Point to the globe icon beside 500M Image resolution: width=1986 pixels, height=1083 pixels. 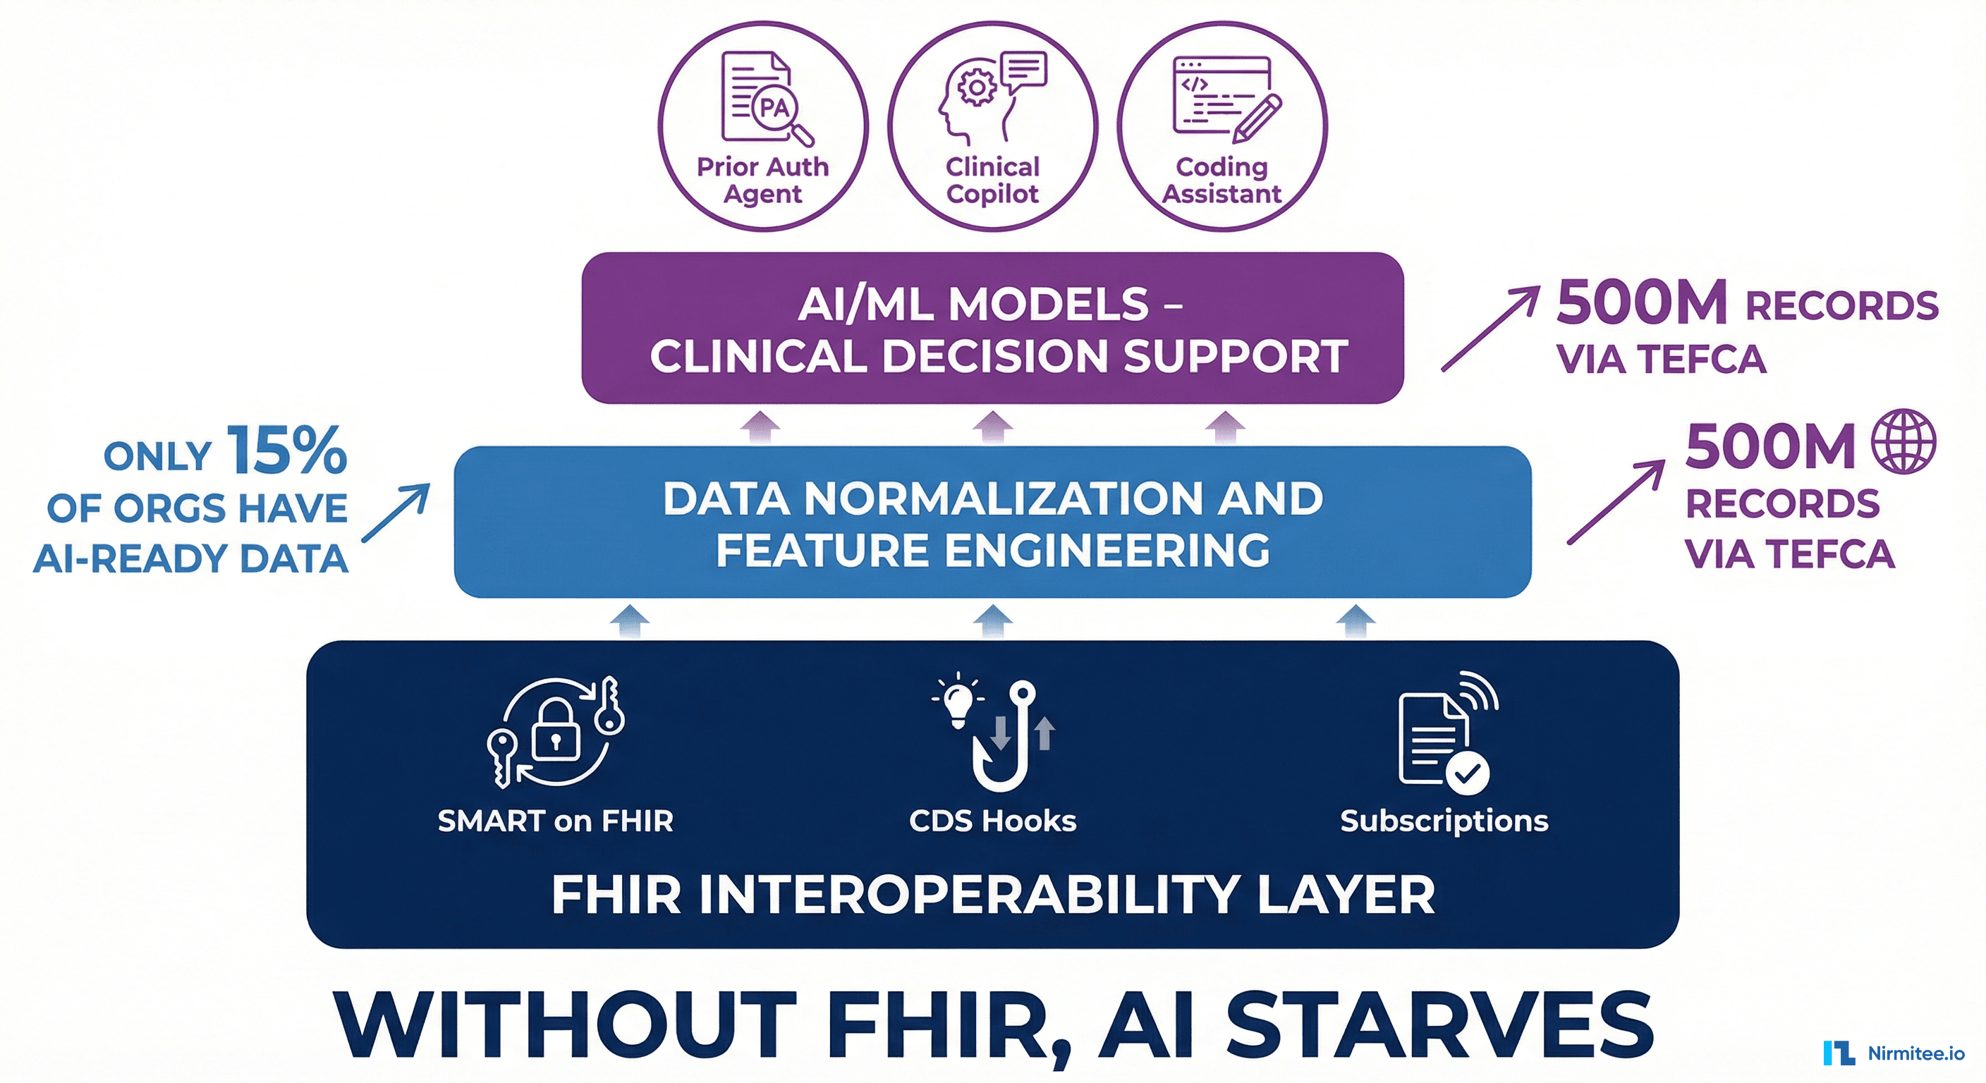(x=1904, y=441)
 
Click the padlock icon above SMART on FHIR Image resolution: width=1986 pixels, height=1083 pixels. (x=555, y=730)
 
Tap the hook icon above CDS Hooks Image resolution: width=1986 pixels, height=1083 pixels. (x=1010, y=736)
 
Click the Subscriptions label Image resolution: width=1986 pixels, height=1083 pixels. (x=1444, y=821)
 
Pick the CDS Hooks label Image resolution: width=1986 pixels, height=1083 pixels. (x=993, y=821)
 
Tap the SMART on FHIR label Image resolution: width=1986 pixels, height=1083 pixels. (x=555, y=821)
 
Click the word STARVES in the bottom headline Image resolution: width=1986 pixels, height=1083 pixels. (x=1440, y=1026)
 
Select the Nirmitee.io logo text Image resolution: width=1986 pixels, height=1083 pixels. (x=1916, y=1053)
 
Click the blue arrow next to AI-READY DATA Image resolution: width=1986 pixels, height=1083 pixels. (x=396, y=513)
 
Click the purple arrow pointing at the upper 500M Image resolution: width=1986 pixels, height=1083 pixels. (x=1490, y=329)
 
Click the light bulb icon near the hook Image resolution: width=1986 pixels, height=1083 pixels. (x=958, y=699)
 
